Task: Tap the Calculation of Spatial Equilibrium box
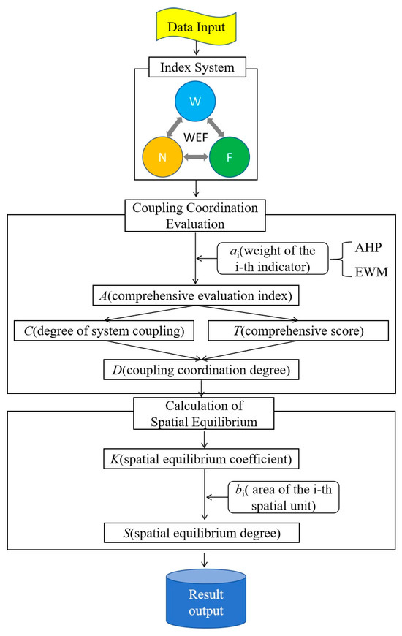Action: tap(200, 412)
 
